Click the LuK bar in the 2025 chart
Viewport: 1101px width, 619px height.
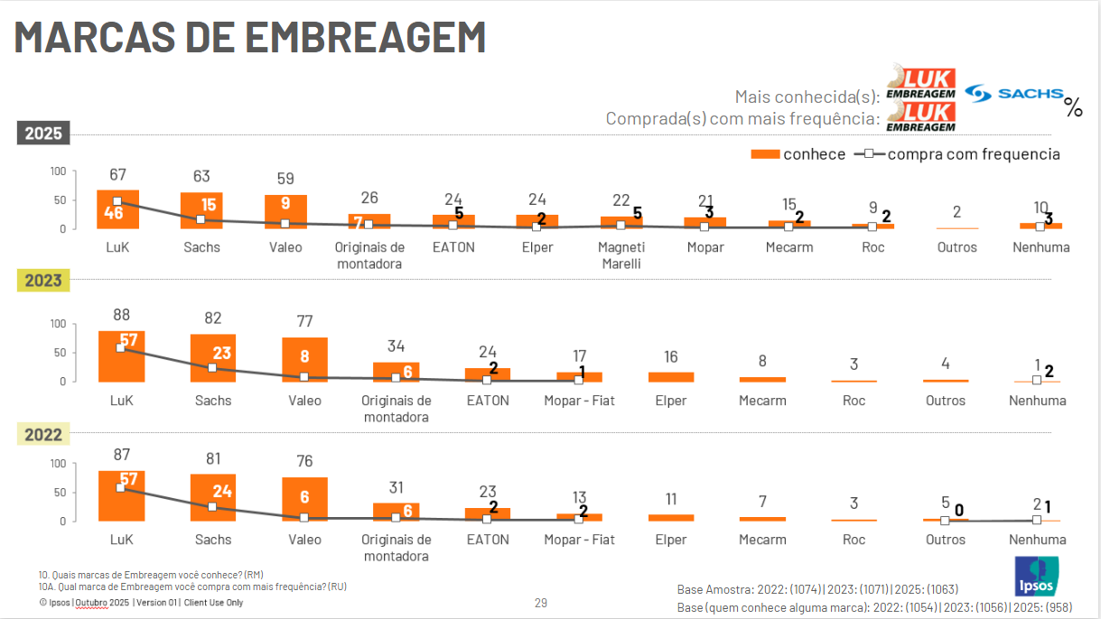(117, 209)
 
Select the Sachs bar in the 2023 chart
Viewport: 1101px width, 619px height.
(213, 357)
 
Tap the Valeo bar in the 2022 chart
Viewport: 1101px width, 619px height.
(304, 498)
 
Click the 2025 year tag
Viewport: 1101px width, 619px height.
(42, 134)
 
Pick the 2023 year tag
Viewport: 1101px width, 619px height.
(42, 280)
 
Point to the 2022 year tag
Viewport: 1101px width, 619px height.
(42, 435)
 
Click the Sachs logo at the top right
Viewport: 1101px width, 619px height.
(1012, 93)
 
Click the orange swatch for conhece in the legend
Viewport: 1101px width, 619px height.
(765, 154)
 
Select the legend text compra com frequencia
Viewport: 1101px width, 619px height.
(974, 154)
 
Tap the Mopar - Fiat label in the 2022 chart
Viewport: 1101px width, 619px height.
(579, 540)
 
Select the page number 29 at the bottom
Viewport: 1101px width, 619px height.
(541, 603)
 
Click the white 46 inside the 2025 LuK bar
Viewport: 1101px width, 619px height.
(113, 214)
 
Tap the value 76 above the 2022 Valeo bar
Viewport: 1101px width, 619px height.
(304, 462)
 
